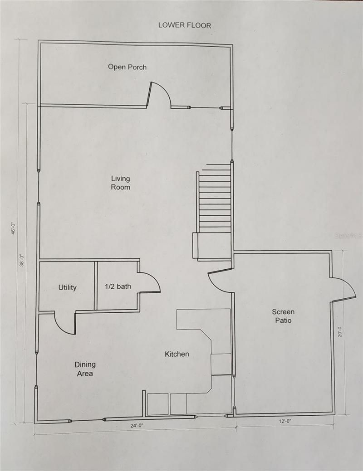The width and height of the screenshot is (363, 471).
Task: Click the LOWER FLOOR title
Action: [184, 25]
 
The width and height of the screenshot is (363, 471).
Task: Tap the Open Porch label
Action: [127, 67]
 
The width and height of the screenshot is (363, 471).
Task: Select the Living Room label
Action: [121, 183]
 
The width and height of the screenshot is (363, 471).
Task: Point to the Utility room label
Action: [67, 287]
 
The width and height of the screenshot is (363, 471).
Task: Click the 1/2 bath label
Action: [118, 286]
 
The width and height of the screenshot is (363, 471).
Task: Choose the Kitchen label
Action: [177, 354]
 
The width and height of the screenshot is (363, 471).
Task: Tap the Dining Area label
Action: [85, 369]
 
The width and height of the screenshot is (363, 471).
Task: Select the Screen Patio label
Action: [283, 316]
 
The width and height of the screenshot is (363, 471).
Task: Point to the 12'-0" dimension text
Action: [285, 422]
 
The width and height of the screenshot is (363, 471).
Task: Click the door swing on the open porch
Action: [159, 94]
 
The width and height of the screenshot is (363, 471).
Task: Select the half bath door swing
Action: [149, 282]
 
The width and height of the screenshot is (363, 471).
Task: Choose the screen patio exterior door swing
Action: [343, 289]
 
